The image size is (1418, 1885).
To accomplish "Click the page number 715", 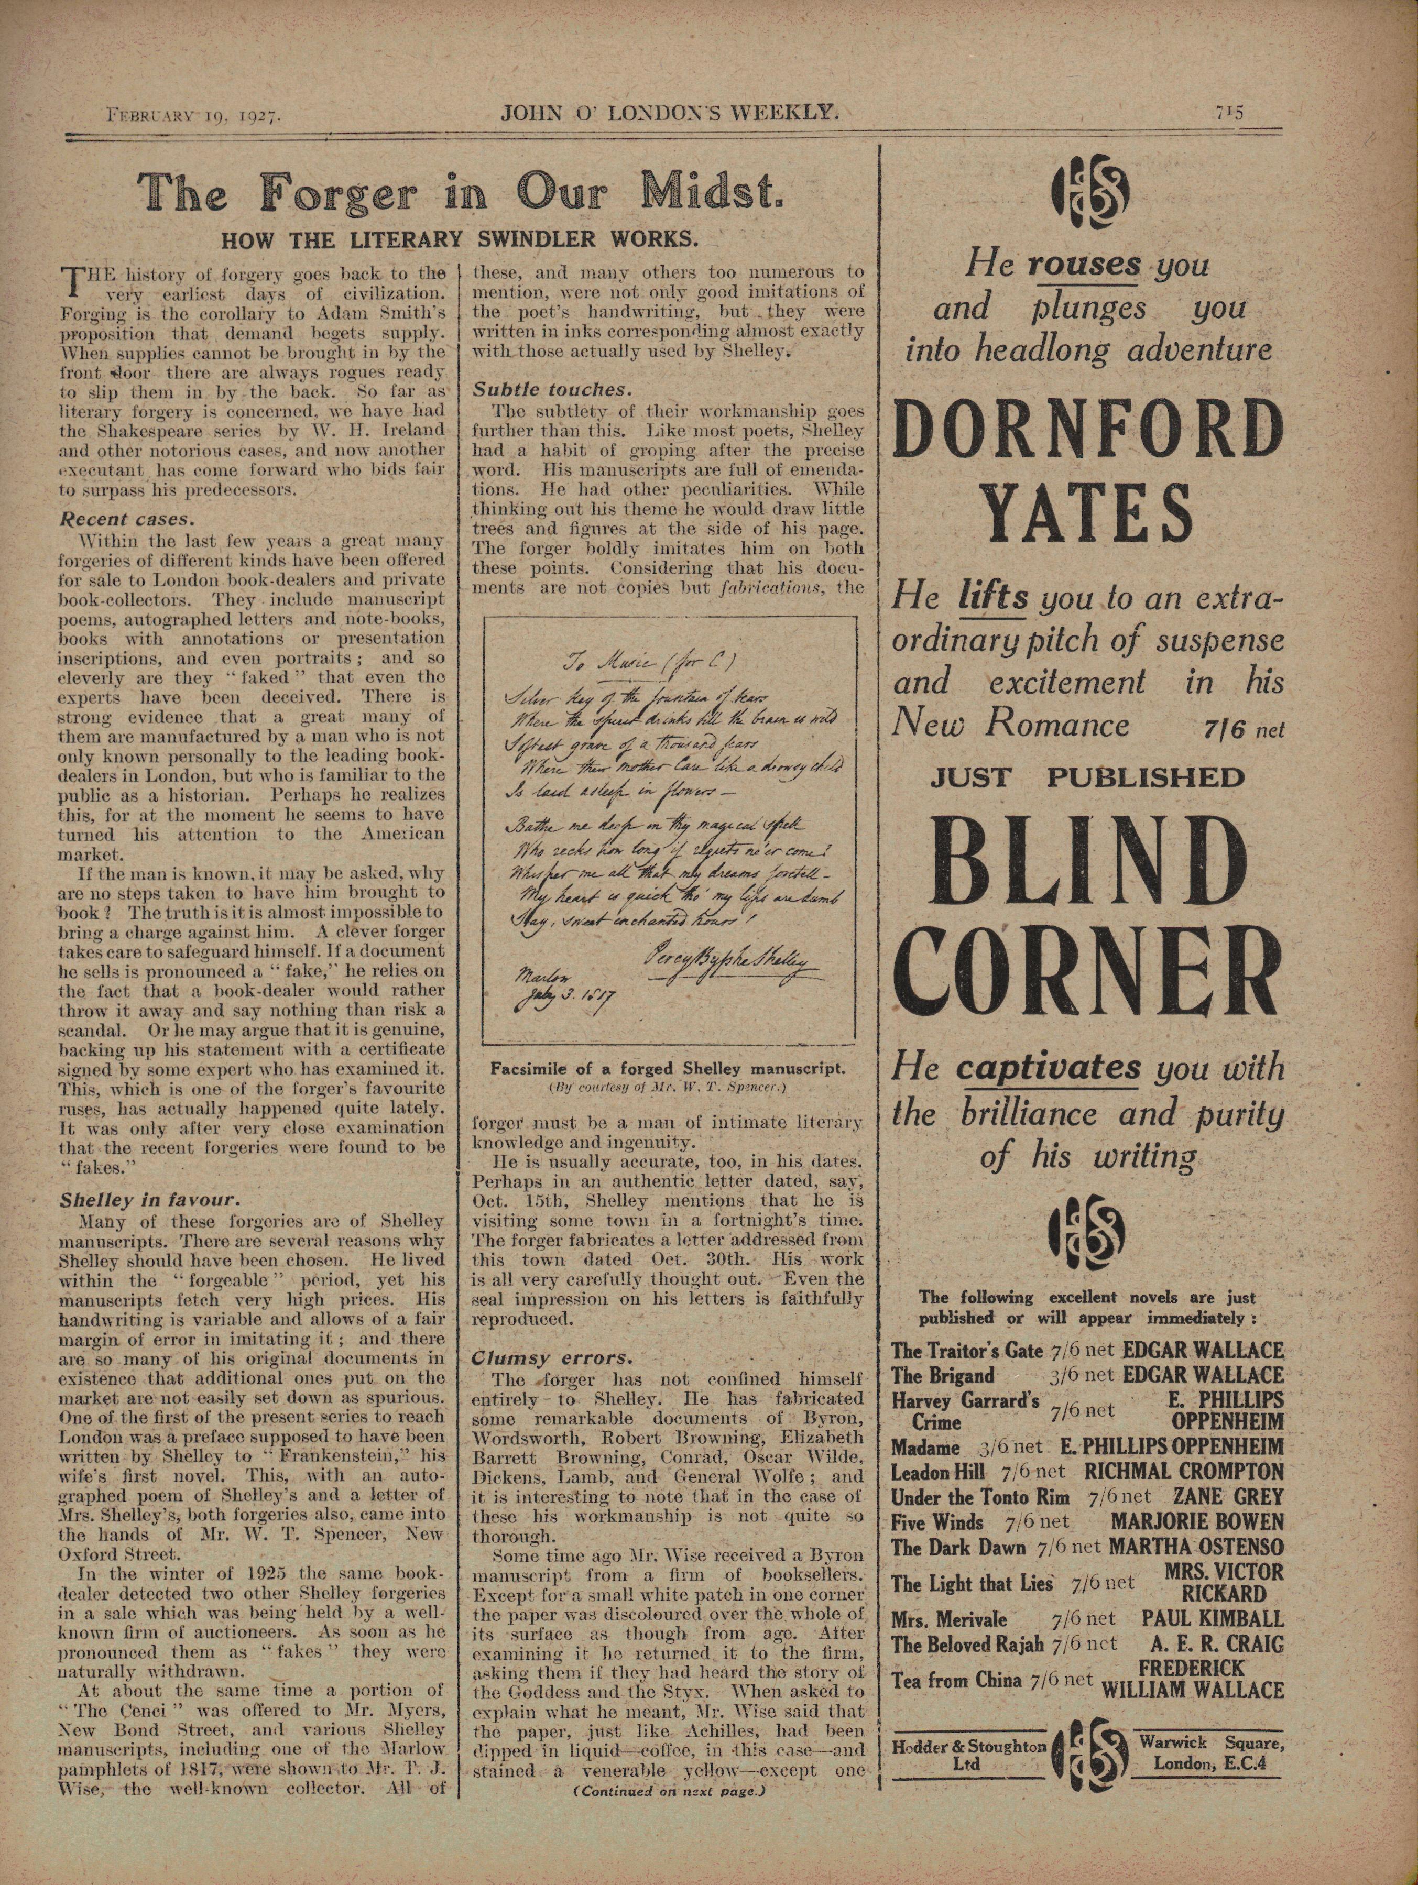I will [1230, 113].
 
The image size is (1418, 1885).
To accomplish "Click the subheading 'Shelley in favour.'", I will [145, 1200].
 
